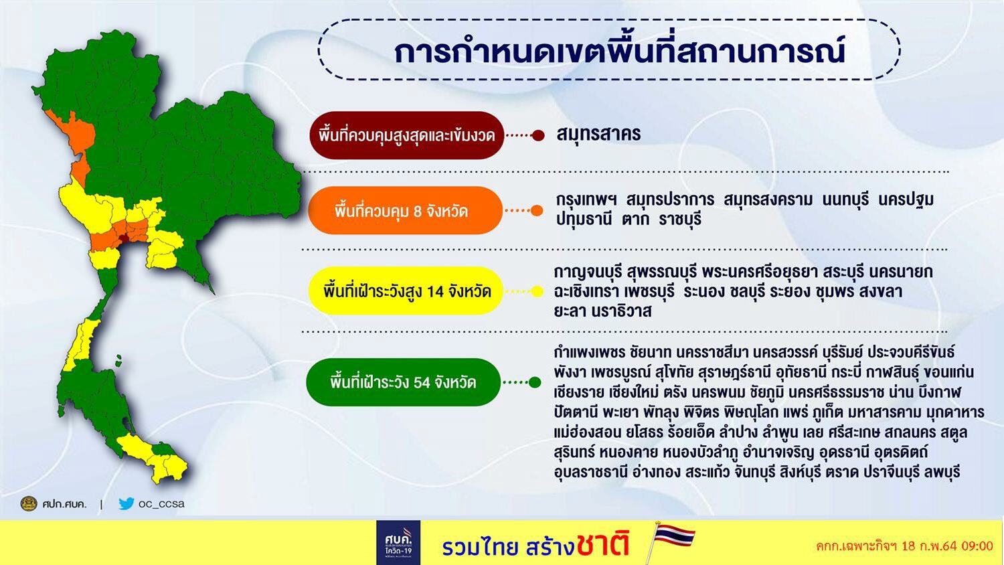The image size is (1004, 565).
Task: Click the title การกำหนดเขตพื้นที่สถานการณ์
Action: coord(620,51)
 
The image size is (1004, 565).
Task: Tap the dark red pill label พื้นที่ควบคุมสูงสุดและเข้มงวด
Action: coord(406,135)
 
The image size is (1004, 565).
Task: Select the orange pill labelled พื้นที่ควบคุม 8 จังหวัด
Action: coord(405,211)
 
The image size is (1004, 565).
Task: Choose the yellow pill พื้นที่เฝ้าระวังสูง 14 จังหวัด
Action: coord(405,291)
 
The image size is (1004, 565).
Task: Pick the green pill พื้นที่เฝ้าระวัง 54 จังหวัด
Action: coord(404,382)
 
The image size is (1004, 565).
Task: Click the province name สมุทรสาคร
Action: coord(598,134)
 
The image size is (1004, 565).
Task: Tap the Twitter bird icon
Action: coord(126,503)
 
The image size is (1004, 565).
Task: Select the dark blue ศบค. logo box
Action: coord(398,542)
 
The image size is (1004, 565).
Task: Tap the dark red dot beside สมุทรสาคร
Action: coord(538,135)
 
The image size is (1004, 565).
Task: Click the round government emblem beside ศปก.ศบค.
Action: coord(29,503)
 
